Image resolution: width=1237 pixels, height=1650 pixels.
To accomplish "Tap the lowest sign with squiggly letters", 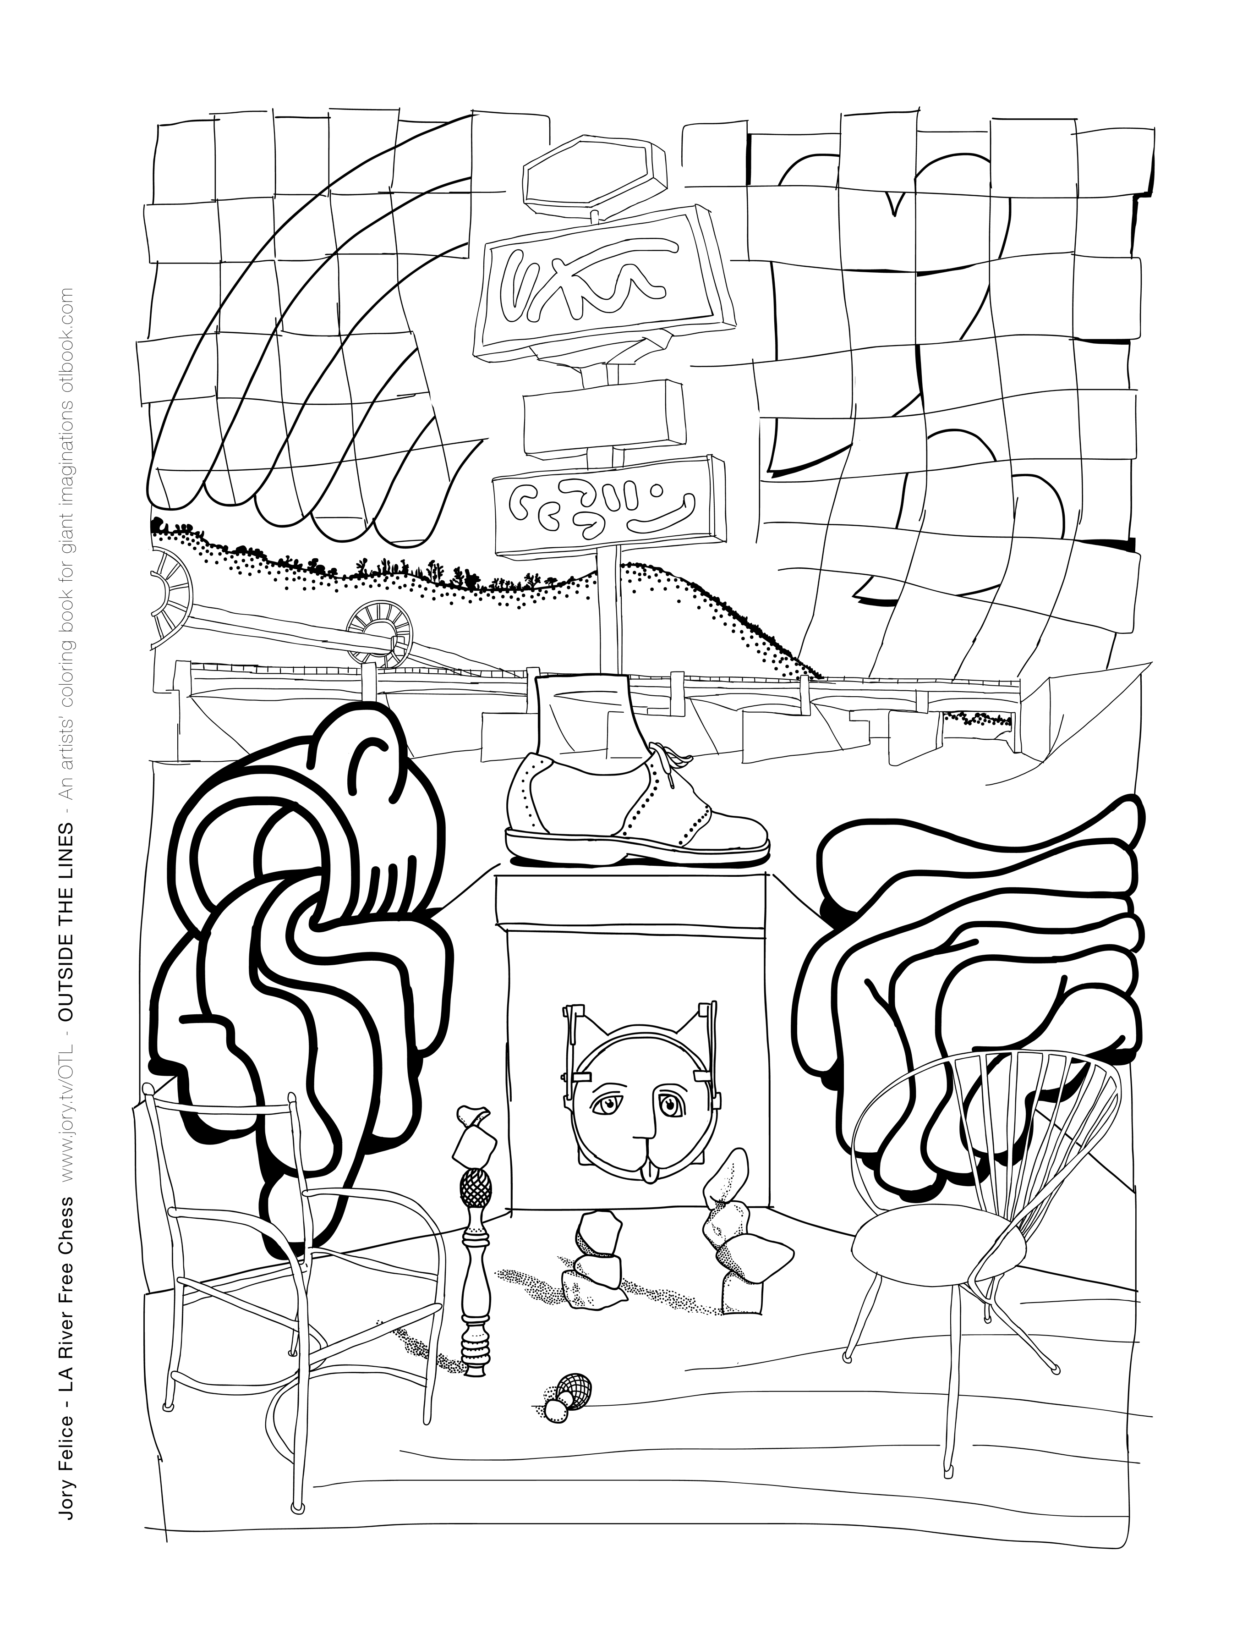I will coord(608,507).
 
